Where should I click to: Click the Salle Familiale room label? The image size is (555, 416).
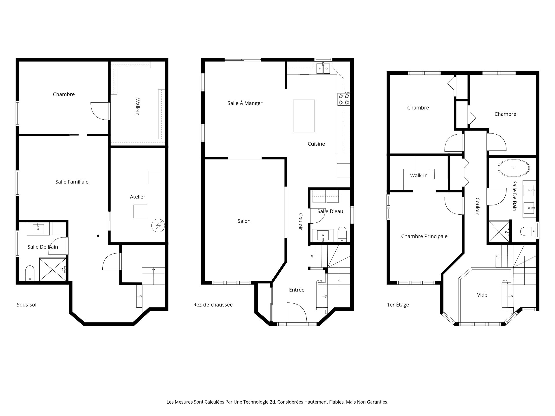(72, 182)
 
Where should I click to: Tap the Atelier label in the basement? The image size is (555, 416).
(138, 197)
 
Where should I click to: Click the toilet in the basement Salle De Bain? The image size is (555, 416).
(30, 273)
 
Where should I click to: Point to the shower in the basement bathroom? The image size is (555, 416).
(53, 269)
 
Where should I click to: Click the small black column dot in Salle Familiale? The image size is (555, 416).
(98, 236)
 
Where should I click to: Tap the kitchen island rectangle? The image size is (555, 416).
(304, 116)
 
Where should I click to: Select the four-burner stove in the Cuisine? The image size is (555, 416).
(344, 99)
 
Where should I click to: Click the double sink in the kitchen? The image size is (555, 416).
(323, 68)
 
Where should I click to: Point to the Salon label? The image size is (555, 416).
(244, 221)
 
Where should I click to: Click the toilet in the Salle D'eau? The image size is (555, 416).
(342, 234)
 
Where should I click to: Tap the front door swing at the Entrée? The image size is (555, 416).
(296, 312)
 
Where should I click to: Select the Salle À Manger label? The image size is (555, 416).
(245, 103)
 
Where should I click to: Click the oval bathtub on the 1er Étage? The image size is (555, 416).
(514, 168)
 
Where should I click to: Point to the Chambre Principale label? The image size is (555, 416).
(424, 236)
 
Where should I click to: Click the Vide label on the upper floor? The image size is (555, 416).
(482, 295)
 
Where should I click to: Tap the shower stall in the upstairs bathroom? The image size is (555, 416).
(499, 232)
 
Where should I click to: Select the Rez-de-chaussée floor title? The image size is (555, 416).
(213, 305)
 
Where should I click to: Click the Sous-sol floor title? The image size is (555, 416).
(27, 305)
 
